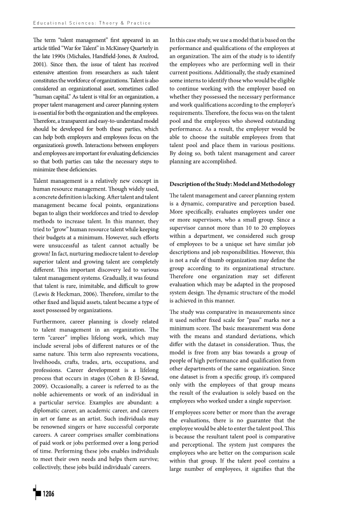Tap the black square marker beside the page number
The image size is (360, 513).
pyautogui.click(x=36, y=493)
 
